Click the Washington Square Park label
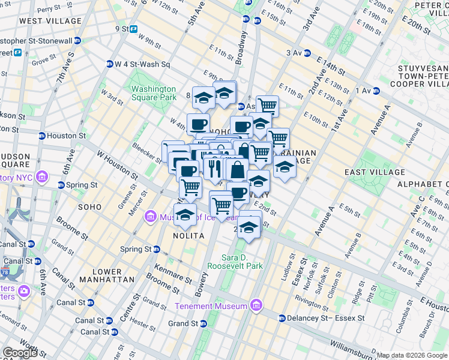coord(154,93)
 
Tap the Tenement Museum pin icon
coord(256,306)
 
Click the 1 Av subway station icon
coord(378,91)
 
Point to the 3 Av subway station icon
coord(307,53)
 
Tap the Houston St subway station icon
coord(41,136)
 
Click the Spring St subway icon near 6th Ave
coord(61,185)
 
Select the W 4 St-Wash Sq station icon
coord(109,64)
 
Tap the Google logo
coord(20,353)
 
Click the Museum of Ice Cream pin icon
coord(151,217)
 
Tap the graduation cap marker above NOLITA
coord(185,215)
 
